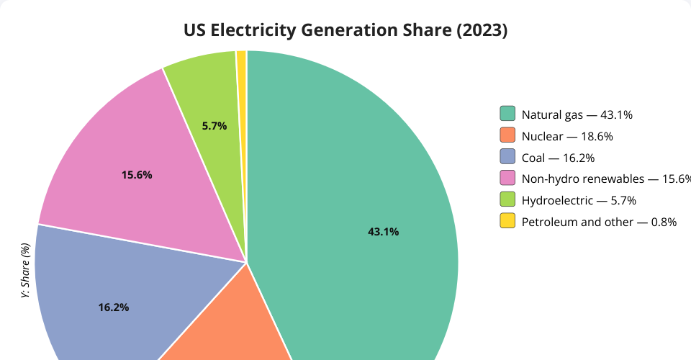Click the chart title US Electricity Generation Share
point(345,30)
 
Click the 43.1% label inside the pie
point(383,232)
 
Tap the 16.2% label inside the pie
point(114,307)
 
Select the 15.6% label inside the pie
point(137,175)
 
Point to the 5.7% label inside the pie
point(214,126)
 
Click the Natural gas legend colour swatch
point(507,114)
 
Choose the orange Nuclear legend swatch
point(507,135)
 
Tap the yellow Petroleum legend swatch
point(507,221)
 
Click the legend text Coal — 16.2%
point(558,158)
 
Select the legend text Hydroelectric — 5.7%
point(579,200)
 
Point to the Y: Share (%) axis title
point(26,271)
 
